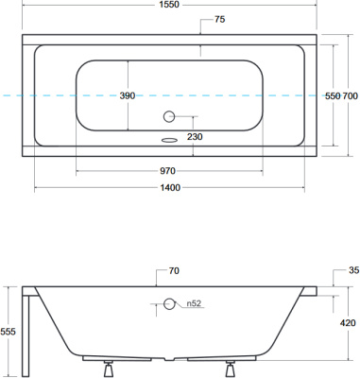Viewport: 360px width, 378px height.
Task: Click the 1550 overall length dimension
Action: coord(169,5)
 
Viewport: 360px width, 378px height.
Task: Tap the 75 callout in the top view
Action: coord(219,20)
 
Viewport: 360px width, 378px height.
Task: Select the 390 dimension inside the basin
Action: coord(128,95)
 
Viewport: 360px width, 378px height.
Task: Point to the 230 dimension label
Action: coord(195,137)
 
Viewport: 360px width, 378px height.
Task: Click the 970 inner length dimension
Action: coord(167,171)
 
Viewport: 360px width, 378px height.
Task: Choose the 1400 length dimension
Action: coord(170,188)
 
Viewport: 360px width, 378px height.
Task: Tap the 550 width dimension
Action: coord(333,95)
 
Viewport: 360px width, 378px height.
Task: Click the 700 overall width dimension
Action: coord(350,95)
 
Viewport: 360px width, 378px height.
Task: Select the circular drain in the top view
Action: coord(169,116)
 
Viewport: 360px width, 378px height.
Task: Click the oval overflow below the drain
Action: coord(169,140)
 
